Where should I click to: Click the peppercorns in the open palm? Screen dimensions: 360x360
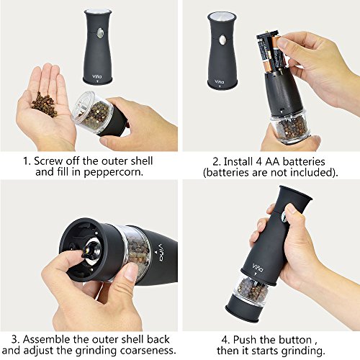[x=45, y=105]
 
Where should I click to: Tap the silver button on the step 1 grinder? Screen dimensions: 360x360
[x=100, y=33]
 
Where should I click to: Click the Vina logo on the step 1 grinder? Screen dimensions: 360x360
[x=97, y=76]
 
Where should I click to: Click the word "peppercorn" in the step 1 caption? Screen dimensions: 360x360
[x=113, y=173]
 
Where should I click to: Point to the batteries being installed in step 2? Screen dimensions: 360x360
[x=269, y=53]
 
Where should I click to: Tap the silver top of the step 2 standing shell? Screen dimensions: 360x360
[x=222, y=17]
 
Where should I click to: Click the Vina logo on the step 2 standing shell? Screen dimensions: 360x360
[x=219, y=81]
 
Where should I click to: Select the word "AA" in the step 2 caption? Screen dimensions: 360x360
[x=272, y=161]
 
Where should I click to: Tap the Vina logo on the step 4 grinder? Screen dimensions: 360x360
[x=258, y=268]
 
